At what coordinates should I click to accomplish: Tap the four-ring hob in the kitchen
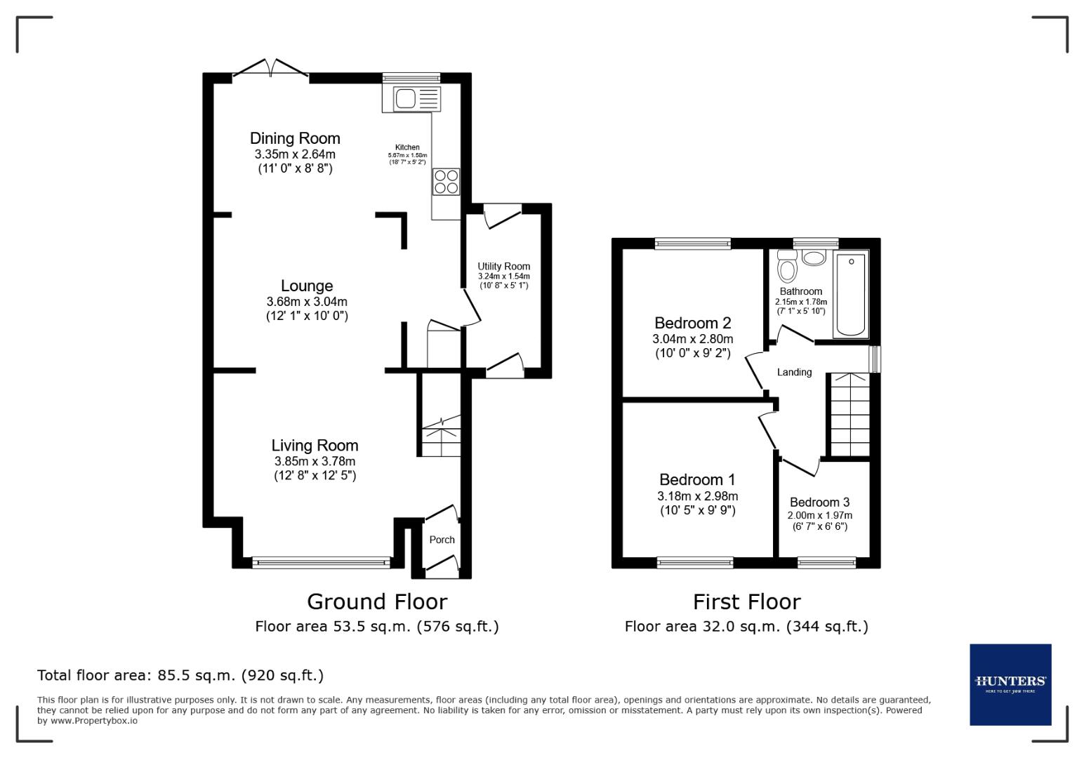click(446, 182)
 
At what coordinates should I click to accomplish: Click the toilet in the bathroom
click(787, 269)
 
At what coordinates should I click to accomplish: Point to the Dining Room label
click(295, 138)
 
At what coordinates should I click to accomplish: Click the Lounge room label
click(307, 286)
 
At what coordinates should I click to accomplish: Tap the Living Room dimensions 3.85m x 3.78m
click(315, 461)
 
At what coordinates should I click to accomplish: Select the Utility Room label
click(503, 266)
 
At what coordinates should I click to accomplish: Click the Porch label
click(442, 540)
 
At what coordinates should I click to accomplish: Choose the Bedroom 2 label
click(692, 323)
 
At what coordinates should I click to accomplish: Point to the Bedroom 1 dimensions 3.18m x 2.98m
click(697, 496)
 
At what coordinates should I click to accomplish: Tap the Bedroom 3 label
click(819, 502)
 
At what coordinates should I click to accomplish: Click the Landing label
click(794, 372)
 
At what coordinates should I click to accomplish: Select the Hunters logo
click(1010, 684)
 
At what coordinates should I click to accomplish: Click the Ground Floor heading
click(377, 601)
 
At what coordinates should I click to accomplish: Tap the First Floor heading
click(746, 601)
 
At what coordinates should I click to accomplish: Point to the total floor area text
click(180, 675)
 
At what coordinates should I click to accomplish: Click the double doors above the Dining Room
click(270, 69)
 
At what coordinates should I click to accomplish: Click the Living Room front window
click(321, 561)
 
